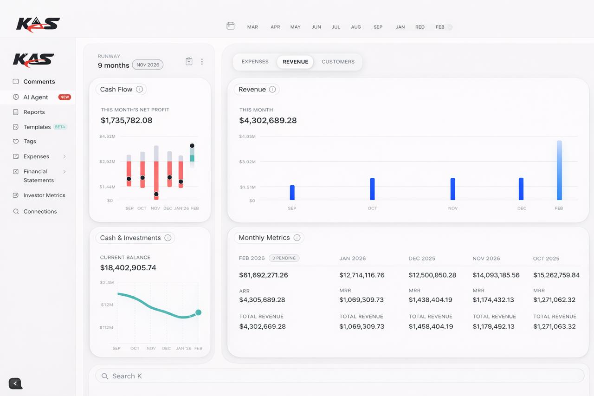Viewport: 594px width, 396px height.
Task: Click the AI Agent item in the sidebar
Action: [x=36, y=97]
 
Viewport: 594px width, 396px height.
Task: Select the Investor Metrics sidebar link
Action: [x=44, y=195]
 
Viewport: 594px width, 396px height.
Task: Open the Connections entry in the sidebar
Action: [x=40, y=211]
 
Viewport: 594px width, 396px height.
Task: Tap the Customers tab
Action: [x=338, y=62]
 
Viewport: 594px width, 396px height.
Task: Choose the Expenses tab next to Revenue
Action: [x=255, y=62]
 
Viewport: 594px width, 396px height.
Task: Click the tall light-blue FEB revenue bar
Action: [x=559, y=170]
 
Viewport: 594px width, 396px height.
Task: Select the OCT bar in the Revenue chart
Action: [x=372, y=189]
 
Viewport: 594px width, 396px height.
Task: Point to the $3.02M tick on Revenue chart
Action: [x=247, y=162]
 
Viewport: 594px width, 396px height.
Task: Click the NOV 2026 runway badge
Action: [x=148, y=65]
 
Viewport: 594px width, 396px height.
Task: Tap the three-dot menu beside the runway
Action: [x=202, y=62]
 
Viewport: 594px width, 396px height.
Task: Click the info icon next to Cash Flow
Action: [x=139, y=89]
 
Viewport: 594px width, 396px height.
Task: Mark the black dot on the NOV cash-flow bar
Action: [x=156, y=194]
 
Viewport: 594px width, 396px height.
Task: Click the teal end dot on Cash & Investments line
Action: [x=198, y=312]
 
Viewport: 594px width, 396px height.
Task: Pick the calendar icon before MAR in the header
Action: [x=230, y=26]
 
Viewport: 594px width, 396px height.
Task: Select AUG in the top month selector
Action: [x=356, y=27]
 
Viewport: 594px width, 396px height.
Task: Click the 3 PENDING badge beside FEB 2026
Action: [x=284, y=258]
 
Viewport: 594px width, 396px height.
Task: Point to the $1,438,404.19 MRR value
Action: [x=430, y=300]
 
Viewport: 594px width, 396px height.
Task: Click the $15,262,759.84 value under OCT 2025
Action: [x=556, y=275]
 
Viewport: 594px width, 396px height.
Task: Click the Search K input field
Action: [x=339, y=376]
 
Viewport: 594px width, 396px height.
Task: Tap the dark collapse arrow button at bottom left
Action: [x=15, y=383]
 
